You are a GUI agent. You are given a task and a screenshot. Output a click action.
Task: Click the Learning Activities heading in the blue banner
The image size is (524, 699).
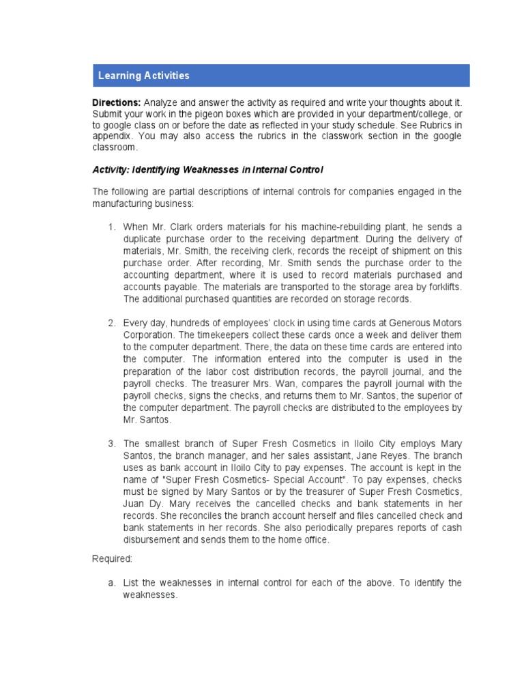143,76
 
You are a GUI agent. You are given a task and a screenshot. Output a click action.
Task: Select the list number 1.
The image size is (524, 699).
111,227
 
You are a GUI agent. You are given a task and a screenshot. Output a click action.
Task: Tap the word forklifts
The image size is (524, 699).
439,287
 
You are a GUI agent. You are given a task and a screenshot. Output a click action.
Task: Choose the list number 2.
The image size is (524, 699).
111,323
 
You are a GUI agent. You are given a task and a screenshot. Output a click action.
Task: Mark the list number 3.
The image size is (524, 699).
111,444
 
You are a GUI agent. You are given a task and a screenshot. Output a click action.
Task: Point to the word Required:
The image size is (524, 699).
113,558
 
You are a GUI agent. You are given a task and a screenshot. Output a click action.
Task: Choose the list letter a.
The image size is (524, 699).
111,582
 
